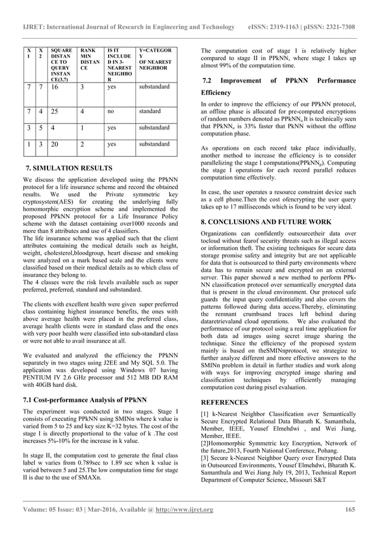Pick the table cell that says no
click(x=110, y=111)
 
